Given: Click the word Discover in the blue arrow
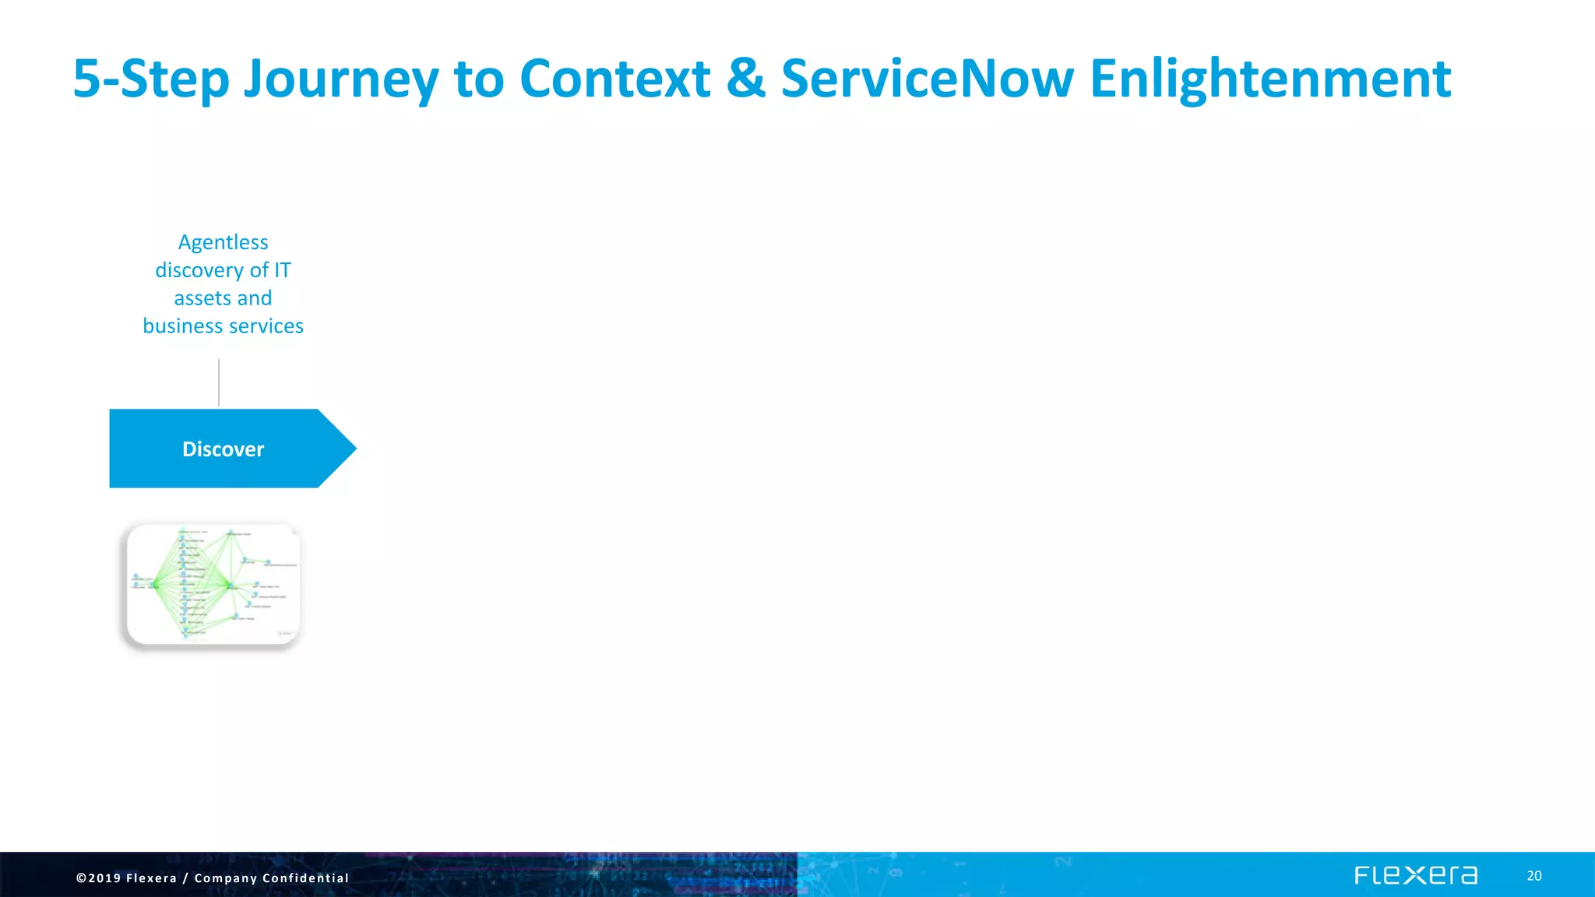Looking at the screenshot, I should (223, 449).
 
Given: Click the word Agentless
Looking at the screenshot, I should (223, 242).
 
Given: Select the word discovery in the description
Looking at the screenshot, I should (199, 270).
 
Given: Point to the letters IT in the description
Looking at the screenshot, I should (282, 270).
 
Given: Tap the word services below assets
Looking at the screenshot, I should (266, 326).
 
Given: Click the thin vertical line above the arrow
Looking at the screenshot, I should (219, 382).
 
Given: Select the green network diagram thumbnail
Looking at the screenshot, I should (213, 584).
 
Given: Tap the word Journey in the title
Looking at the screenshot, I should (341, 79).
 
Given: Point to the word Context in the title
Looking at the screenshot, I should (614, 79).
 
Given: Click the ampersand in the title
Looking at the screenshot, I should (745, 79).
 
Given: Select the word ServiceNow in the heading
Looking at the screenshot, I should (927, 79).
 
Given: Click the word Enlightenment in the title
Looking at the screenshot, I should (1269, 79).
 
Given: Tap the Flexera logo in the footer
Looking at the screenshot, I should (1415, 875).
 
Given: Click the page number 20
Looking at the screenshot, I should (1533, 876).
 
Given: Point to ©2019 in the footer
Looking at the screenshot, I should (98, 878).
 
